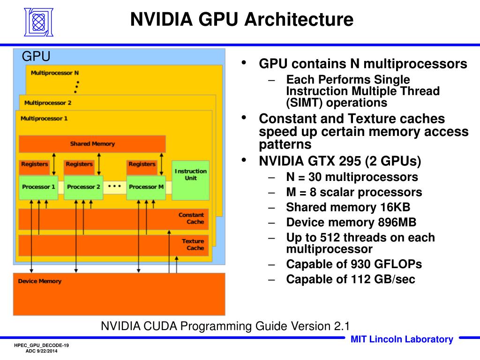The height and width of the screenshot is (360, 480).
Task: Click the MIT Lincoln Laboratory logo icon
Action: (x=39, y=22)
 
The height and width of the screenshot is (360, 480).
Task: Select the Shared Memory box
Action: (x=92, y=144)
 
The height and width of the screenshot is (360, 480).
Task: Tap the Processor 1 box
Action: (x=38, y=187)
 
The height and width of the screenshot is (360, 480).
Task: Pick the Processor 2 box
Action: (x=83, y=187)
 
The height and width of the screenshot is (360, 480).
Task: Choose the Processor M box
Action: (x=146, y=187)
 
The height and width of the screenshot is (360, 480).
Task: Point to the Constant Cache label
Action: (x=192, y=218)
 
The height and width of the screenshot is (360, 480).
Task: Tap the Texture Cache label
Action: (x=193, y=245)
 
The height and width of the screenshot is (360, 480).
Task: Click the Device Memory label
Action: (x=39, y=281)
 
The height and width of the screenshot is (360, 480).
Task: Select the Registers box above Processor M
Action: (x=142, y=165)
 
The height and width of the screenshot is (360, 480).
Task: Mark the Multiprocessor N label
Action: (x=54, y=73)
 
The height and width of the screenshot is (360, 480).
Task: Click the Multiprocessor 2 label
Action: (x=48, y=103)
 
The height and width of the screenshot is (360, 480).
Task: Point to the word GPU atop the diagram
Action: (x=36, y=57)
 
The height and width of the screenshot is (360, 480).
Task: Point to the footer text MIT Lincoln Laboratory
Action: (x=402, y=339)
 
